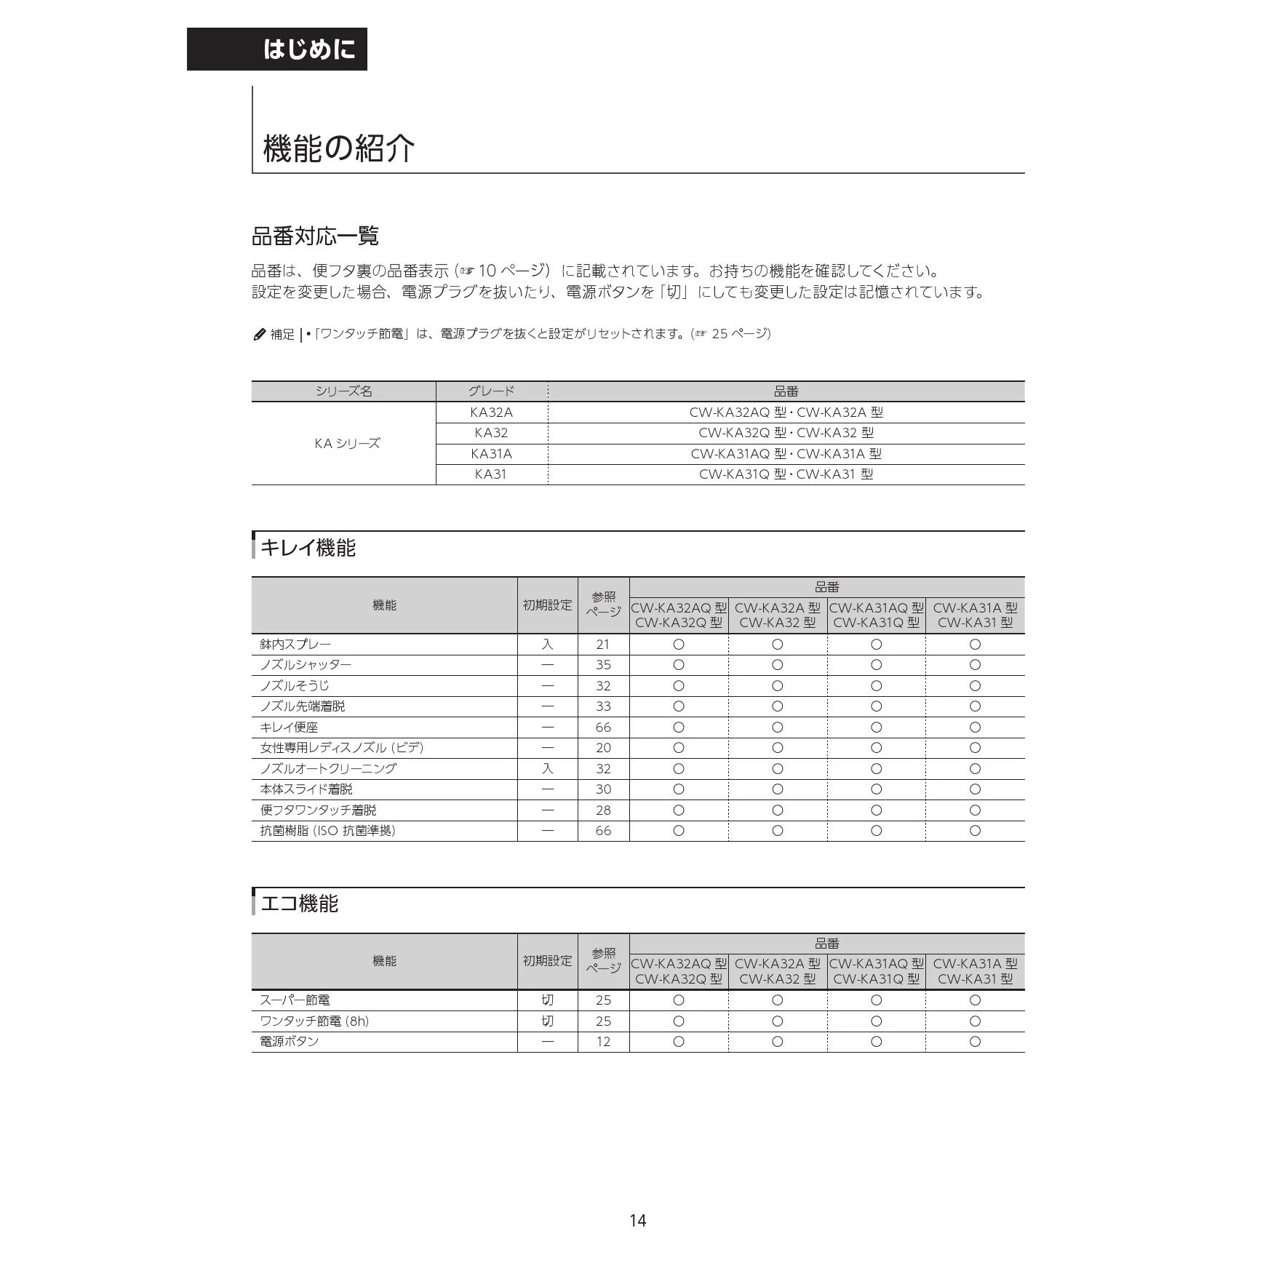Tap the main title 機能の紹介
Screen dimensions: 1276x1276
click(338, 148)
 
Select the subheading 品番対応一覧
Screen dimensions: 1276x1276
click(315, 236)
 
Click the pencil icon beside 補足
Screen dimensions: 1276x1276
click(259, 335)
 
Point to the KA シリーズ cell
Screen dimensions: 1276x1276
click(347, 443)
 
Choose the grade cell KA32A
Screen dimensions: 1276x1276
click(491, 412)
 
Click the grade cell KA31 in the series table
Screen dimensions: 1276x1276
click(491, 474)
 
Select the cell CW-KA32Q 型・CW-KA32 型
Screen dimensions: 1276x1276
click(786, 433)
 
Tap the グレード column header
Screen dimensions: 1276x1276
click(491, 391)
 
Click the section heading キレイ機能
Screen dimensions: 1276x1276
click(308, 548)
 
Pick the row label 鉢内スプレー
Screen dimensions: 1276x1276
click(295, 645)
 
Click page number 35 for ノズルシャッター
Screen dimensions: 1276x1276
click(603, 665)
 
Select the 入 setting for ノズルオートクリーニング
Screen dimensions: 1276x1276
click(547, 769)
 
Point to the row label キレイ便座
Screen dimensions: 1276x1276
click(289, 727)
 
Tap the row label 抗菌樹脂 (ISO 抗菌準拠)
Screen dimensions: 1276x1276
click(327, 831)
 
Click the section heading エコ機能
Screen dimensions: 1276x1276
click(299, 904)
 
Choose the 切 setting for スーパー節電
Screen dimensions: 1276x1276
click(547, 1000)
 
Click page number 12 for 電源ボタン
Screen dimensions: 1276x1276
click(603, 1042)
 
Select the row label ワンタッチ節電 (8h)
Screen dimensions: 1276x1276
click(314, 1021)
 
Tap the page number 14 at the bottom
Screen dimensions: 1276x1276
click(637, 1221)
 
